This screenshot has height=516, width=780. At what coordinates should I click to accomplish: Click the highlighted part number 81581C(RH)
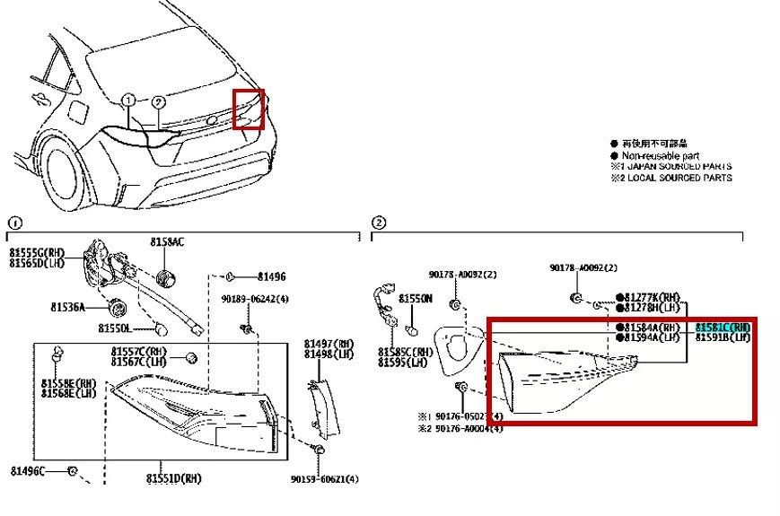(x=723, y=328)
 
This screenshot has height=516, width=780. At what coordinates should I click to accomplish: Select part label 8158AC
(x=167, y=242)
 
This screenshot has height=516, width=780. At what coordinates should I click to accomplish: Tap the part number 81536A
(x=67, y=307)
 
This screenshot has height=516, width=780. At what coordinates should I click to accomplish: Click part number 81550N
(x=416, y=298)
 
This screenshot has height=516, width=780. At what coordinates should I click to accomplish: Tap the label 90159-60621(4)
(x=324, y=479)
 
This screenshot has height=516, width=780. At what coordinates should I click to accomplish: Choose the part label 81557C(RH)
(x=139, y=351)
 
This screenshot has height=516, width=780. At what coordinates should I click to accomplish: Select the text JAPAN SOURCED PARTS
(x=679, y=166)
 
